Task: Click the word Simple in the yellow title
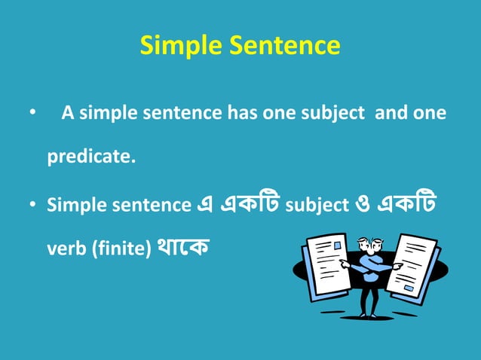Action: pyautogui.click(x=179, y=46)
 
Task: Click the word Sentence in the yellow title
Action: pyautogui.click(x=282, y=46)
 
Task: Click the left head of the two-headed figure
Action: pyautogui.click(x=363, y=246)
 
